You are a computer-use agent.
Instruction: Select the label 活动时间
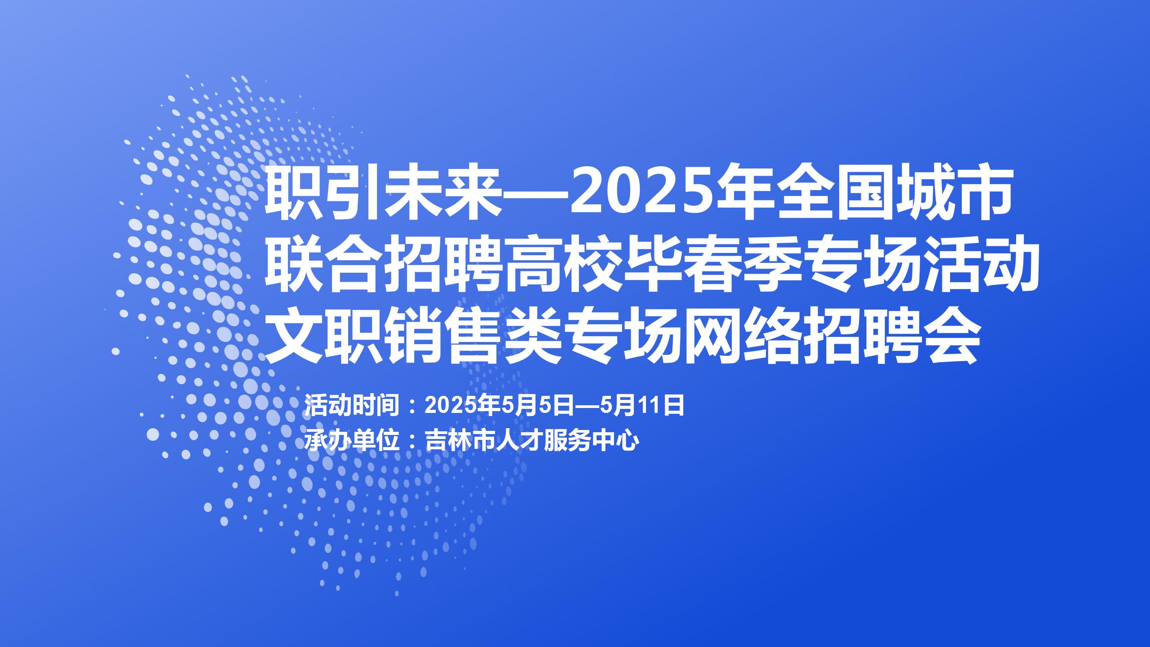point(352,406)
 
